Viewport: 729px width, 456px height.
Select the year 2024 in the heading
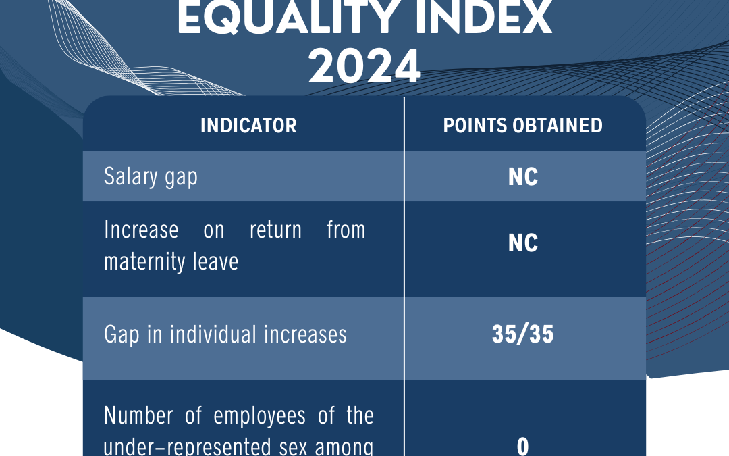(364, 67)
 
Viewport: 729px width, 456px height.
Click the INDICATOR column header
(248, 126)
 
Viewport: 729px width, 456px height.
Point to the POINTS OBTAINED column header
(522, 126)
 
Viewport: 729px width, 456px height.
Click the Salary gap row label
(151, 177)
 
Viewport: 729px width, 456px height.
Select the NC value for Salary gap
(523, 177)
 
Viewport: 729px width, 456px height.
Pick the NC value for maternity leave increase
(523, 243)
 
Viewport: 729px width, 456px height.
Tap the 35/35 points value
(522, 334)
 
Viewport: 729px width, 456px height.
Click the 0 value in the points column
(522, 447)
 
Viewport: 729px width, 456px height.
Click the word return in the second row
(275, 230)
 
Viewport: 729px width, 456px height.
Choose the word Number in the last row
(138, 415)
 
